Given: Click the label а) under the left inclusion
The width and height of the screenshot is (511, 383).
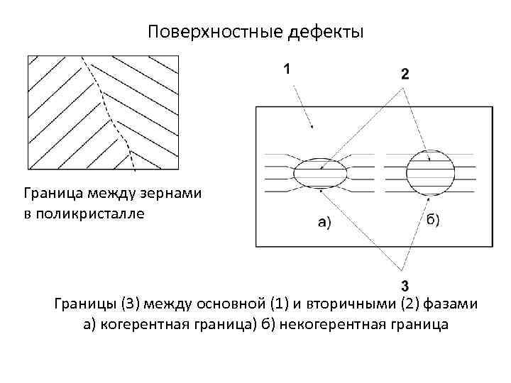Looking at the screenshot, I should click(x=322, y=223).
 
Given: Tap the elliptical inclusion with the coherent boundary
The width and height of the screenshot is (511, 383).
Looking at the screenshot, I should click(x=319, y=172).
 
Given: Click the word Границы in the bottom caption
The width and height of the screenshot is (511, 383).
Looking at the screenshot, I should click(x=84, y=305).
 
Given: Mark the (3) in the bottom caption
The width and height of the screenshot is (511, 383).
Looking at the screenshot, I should click(x=133, y=305).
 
